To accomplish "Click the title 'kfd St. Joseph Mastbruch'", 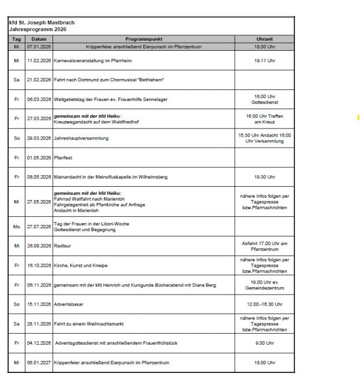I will pos(42,22).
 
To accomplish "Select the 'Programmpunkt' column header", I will pos(143,39).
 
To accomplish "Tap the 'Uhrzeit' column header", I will pos(264,39).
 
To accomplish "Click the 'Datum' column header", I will pos(39,39).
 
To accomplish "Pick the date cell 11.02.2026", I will pos(39,60).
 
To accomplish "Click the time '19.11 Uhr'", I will pos(264,60).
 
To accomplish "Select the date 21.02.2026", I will pos(39,80).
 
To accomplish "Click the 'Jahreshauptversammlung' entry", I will pos(81,138).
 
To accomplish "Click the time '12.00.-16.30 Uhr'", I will pos(264,304).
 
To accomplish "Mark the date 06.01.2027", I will pos(39,363).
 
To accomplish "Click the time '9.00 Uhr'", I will pos(264,343).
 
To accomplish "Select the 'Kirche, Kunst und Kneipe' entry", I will pos(81,266).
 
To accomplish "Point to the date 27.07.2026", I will pos(39,227).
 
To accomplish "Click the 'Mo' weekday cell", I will pos(17,227).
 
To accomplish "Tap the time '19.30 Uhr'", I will pos(264,176).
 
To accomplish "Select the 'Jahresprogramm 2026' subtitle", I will pos(38,29).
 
